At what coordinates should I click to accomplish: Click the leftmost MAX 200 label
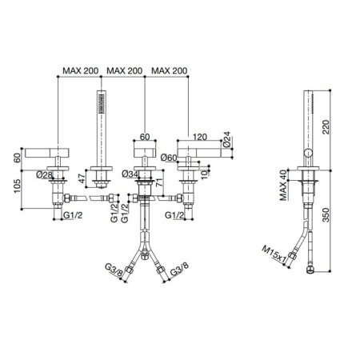click(x=81, y=70)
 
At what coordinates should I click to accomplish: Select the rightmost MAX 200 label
click(x=170, y=70)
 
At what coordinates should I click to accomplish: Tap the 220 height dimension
click(x=326, y=127)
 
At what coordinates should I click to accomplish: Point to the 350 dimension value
click(x=326, y=215)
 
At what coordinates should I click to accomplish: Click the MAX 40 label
click(x=283, y=185)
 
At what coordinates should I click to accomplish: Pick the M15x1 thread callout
click(x=274, y=254)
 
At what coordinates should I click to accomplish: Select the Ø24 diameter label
click(x=226, y=139)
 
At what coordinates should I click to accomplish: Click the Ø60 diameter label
click(x=169, y=158)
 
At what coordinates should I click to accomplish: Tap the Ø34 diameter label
click(x=130, y=174)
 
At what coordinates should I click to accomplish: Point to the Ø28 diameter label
click(x=45, y=174)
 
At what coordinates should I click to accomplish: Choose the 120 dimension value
click(x=200, y=137)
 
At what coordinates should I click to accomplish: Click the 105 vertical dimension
click(x=17, y=186)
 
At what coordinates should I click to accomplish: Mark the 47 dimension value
click(x=82, y=178)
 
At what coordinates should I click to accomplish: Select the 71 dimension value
click(x=159, y=182)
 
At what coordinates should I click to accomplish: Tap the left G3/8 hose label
click(x=114, y=270)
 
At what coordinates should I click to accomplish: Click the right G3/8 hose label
click(x=179, y=270)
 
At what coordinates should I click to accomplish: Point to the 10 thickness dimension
click(x=204, y=174)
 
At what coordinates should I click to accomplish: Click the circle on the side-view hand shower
click(x=309, y=154)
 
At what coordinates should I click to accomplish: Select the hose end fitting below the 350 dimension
click(x=310, y=270)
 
